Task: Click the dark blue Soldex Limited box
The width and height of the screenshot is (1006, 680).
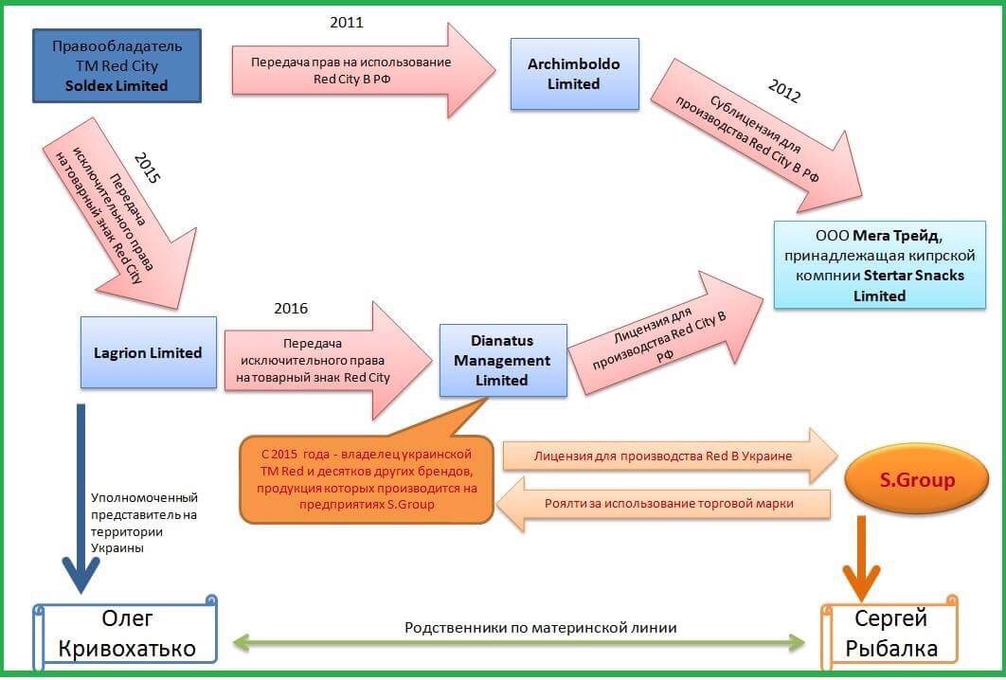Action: pos(117,65)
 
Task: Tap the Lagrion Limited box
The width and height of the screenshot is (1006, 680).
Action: pos(148,352)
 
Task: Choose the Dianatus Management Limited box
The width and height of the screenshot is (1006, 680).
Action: pos(502,360)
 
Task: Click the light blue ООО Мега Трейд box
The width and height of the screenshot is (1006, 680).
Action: pos(879,264)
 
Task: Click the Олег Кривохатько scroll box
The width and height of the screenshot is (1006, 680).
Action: pos(126,634)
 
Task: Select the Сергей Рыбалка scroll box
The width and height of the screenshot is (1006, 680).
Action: pos(890,634)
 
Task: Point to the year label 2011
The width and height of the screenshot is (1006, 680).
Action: pos(346,23)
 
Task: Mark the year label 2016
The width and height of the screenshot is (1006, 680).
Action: pos(291,309)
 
